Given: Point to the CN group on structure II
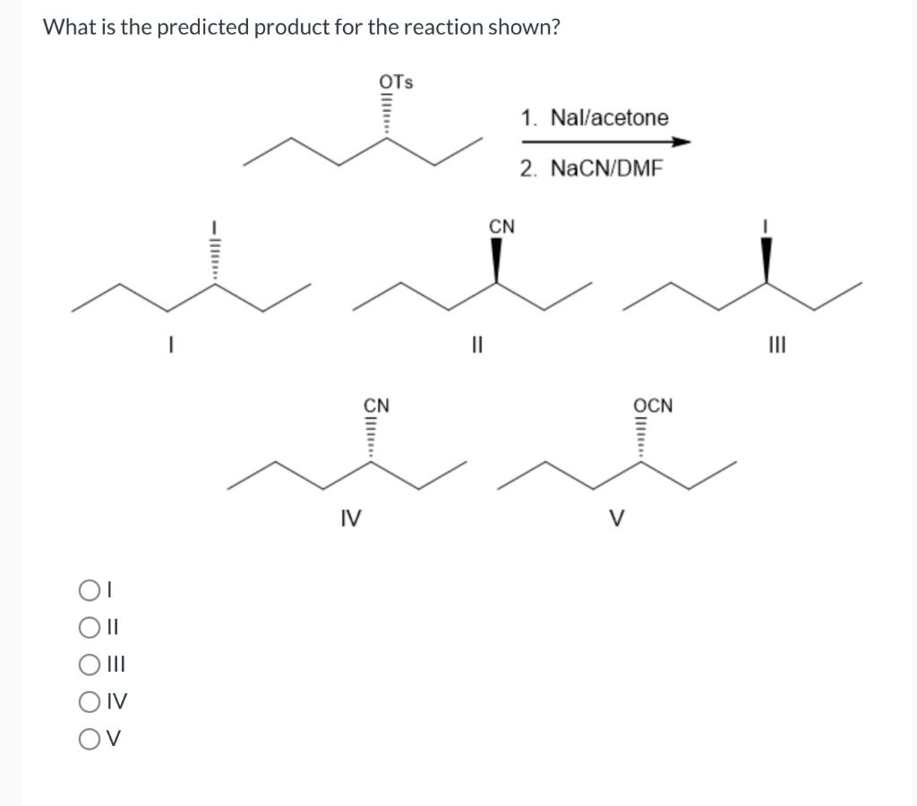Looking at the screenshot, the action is click(501, 227).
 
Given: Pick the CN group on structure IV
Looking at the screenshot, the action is click(376, 405).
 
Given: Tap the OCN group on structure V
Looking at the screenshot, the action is click(655, 405).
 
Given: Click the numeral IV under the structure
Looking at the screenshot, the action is click(351, 517).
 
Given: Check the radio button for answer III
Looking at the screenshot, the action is click(88, 665).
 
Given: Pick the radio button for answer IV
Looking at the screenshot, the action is click(88, 702).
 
